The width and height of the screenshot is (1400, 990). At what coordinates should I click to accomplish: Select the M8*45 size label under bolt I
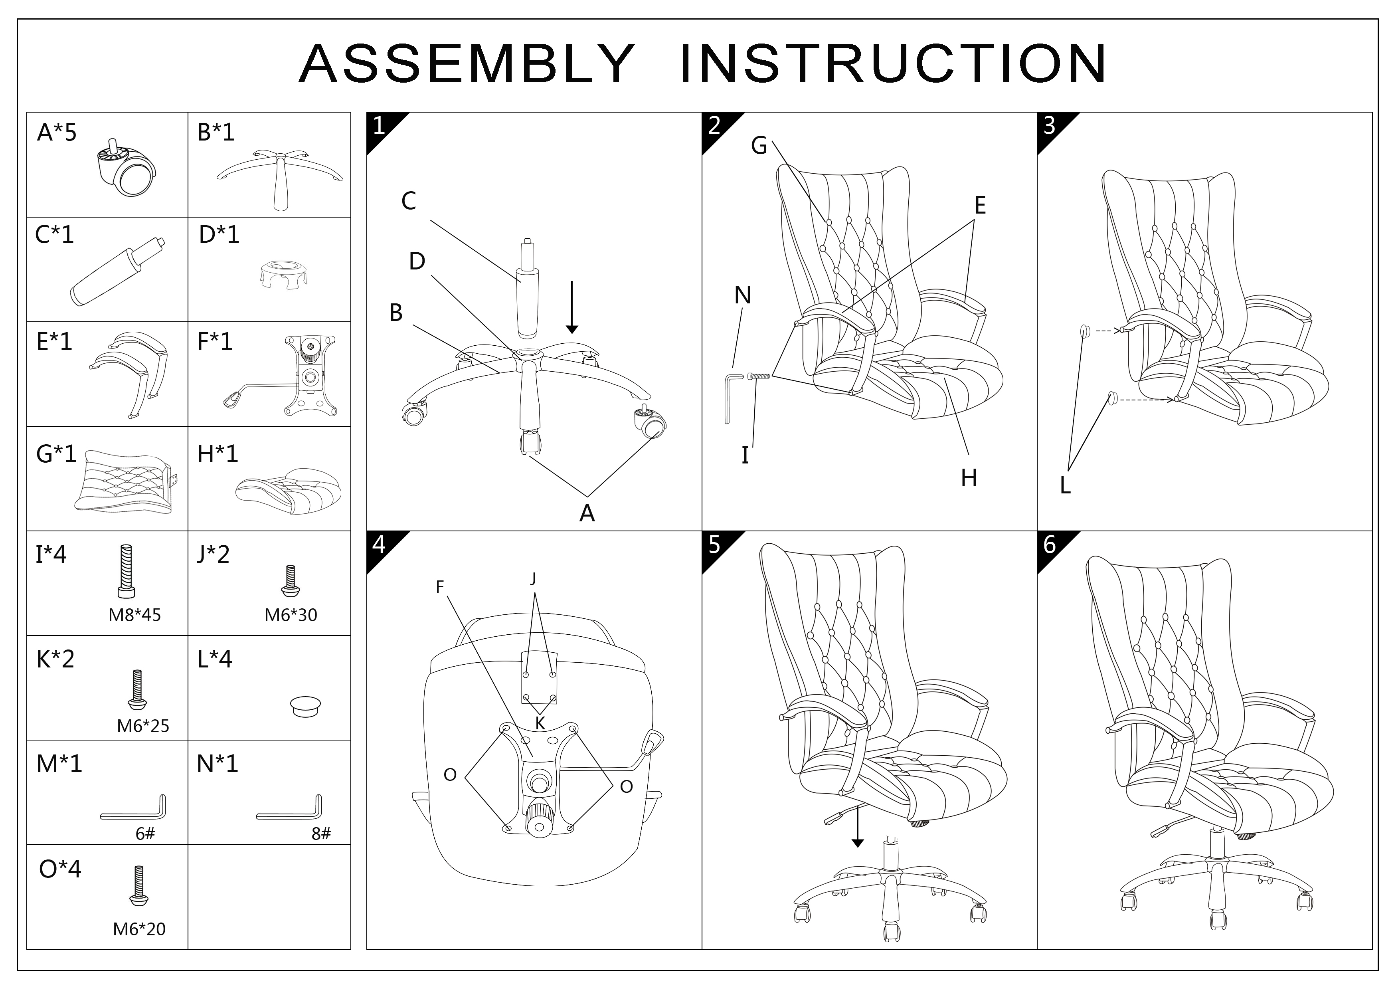coord(135,615)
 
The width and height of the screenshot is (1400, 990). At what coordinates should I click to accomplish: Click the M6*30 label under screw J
coord(291,615)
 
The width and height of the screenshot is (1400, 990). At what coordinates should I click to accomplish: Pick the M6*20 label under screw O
coord(139,929)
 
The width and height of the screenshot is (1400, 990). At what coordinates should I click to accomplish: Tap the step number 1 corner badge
coord(379,126)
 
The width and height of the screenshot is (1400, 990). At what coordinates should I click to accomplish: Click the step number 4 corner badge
coord(379,544)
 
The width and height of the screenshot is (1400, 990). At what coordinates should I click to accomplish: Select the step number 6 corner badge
coord(1049,544)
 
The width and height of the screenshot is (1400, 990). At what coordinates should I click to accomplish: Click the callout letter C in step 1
coord(409,201)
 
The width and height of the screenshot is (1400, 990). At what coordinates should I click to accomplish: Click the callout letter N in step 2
coord(743,296)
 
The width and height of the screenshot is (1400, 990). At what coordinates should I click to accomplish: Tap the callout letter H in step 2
coord(969,478)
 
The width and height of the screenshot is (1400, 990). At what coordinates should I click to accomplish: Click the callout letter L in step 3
coord(1065,485)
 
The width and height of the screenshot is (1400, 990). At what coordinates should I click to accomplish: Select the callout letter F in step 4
coord(440,587)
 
